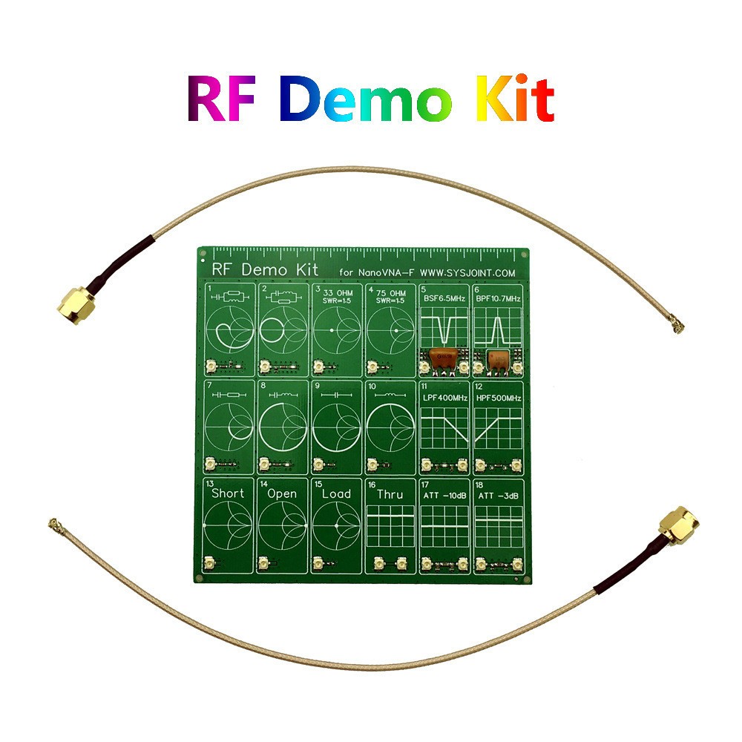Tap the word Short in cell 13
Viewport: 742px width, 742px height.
(x=228, y=493)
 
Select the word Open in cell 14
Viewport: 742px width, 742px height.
(x=282, y=493)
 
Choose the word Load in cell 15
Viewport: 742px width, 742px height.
(x=336, y=493)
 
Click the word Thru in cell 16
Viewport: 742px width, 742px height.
(x=390, y=493)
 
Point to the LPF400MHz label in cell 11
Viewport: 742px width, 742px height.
(x=444, y=398)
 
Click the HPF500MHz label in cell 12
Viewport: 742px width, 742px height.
(x=498, y=398)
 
